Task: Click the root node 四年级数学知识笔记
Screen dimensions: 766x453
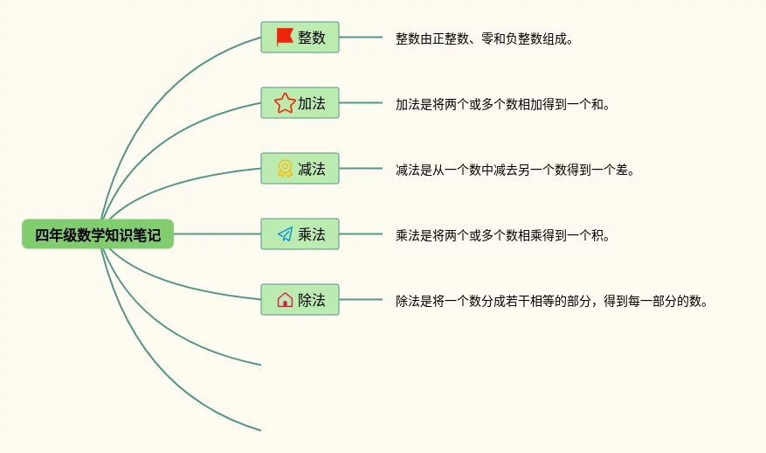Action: (98, 234)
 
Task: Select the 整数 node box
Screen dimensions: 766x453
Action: (300, 38)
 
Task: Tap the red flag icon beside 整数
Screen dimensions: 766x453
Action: (285, 37)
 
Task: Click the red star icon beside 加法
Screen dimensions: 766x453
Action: (285, 103)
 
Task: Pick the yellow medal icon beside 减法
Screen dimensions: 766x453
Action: (285, 169)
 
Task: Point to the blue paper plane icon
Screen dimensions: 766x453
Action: (286, 234)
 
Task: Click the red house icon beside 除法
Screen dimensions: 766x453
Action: (285, 300)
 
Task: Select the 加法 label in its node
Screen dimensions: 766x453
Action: (312, 103)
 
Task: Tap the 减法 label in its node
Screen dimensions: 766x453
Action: (312, 169)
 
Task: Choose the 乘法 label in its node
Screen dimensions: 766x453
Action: (312, 234)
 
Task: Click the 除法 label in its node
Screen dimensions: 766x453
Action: (312, 300)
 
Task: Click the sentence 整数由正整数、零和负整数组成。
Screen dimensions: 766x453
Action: (484, 38)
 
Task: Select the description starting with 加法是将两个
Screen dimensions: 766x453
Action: (503, 104)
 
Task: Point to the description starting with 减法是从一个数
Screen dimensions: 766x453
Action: (515, 170)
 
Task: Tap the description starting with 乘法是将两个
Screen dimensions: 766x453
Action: (503, 235)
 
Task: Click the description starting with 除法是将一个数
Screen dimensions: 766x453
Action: (551, 301)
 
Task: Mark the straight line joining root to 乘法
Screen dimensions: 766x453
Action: (217, 233)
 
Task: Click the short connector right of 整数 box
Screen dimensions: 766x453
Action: (361, 38)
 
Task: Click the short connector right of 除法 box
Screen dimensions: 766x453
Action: (361, 299)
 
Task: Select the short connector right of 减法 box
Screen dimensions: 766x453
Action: (361, 168)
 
